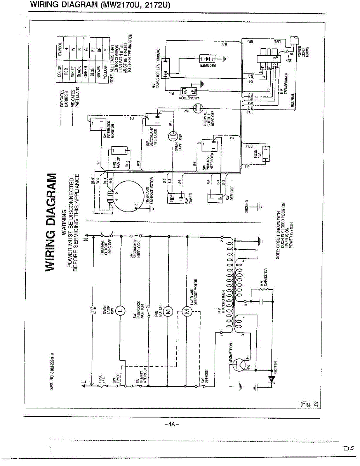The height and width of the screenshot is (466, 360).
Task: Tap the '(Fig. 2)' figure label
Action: (x=310, y=403)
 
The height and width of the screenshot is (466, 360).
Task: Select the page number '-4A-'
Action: (x=171, y=424)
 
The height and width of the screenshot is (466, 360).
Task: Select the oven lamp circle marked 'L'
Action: (x=120, y=310)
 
